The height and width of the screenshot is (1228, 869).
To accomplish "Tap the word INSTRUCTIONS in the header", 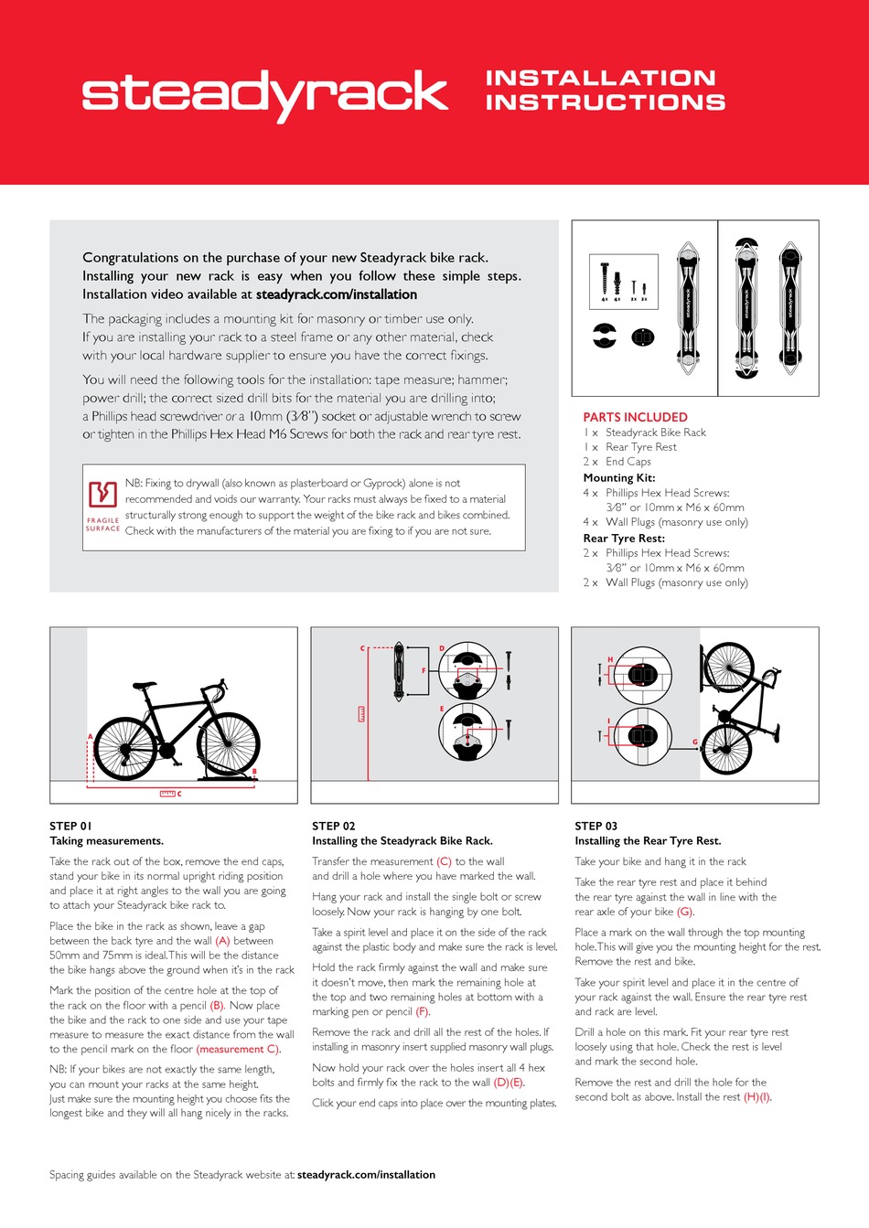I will [605, 102].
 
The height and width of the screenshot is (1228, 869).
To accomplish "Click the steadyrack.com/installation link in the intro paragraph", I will [336, 294].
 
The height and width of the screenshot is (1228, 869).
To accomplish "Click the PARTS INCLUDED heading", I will [635, 417].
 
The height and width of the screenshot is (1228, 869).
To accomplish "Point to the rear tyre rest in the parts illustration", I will [643, 337].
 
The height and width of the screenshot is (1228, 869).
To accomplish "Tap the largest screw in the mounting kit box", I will [605, 278].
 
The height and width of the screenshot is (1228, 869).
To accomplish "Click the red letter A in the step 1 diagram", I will [90, 736].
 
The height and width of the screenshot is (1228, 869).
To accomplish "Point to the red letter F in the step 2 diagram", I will [424, 671].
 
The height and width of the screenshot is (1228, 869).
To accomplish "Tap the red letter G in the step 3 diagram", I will [695, 742].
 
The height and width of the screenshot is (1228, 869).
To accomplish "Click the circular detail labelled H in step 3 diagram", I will [643, 676].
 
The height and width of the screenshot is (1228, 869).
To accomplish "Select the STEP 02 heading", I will [334, 826].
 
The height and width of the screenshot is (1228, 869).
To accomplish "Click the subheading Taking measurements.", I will [106, 841].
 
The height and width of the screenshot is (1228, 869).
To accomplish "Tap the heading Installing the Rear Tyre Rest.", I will [648, 841].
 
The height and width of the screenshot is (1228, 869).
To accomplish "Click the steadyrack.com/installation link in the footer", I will [366, 1175].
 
